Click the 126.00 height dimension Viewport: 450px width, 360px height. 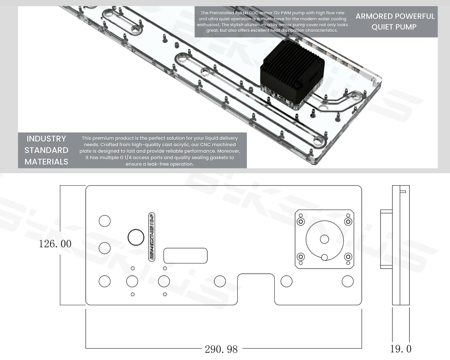coord(55,244)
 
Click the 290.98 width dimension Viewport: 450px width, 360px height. coord(221,349)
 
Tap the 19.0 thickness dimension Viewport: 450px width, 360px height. coord(400,349)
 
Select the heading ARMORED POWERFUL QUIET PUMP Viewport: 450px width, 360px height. coord(395,22)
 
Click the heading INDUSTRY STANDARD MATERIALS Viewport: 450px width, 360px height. coord(46,150)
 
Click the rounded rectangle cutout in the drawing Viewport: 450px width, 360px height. coord(185,256)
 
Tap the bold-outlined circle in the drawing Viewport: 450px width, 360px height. coord(136,237)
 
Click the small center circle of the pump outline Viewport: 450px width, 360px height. coord(324,239)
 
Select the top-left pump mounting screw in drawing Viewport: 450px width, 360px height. coord(301,222)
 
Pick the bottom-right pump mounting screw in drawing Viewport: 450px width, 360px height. coord(348,256)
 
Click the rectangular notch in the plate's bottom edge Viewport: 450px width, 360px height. coord(256,288)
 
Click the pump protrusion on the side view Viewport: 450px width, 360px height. coord(386,239)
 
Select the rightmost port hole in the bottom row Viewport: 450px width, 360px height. coord(348,281)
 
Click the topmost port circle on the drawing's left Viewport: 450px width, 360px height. coord(105,221)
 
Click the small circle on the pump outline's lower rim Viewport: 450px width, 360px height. coord(324,257)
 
